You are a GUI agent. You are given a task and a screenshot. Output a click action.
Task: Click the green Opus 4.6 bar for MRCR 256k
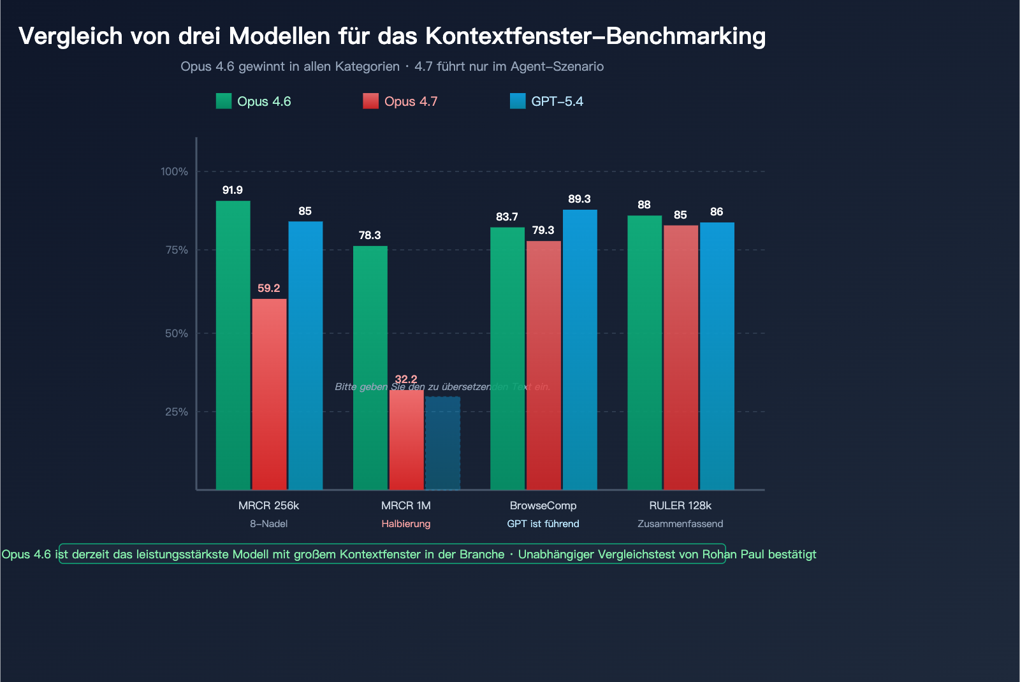click(233, 345)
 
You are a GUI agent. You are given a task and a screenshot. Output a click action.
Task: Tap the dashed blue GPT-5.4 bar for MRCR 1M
click(442, 443)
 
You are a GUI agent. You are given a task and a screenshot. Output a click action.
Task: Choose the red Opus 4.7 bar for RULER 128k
click(680, 358)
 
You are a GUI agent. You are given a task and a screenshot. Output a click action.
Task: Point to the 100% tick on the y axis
click(174, 171)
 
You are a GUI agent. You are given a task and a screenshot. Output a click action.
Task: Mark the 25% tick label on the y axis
click(177, 412)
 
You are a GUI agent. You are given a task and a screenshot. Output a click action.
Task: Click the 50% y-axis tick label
click(177, 333)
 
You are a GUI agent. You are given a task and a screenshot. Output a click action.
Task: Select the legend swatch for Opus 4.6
click(224, 101)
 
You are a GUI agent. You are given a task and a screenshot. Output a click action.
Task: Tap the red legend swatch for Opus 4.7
click(370, 101)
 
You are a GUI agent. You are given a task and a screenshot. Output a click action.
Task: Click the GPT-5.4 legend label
click(557, 101)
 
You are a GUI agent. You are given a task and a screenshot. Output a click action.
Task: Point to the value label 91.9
click(233, 190)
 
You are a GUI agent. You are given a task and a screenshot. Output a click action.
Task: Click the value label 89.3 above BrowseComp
click(579, 199)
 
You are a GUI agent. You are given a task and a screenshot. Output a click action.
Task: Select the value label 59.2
click(269, 288)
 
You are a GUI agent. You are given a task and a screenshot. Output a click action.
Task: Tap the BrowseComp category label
click(543, 505)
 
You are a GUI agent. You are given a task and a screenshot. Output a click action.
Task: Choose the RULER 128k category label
click(680, 505)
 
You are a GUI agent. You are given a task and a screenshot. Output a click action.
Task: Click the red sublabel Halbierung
click(406, 524)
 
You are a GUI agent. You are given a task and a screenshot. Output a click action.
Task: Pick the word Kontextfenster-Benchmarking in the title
click(595, 36)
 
